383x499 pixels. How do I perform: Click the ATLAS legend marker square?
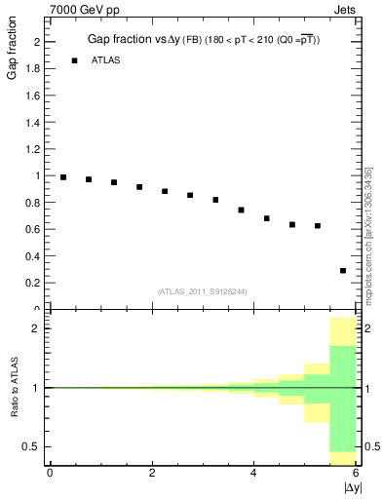[74, 60]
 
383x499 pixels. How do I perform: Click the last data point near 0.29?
[343, 271]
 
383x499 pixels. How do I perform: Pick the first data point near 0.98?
[63, 177]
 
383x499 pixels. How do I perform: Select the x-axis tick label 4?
[254, 473]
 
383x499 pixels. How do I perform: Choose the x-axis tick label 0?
[50, 473]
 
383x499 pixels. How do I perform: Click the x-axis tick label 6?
[356, 473]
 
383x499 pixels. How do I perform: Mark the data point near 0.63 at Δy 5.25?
[318, 226]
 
